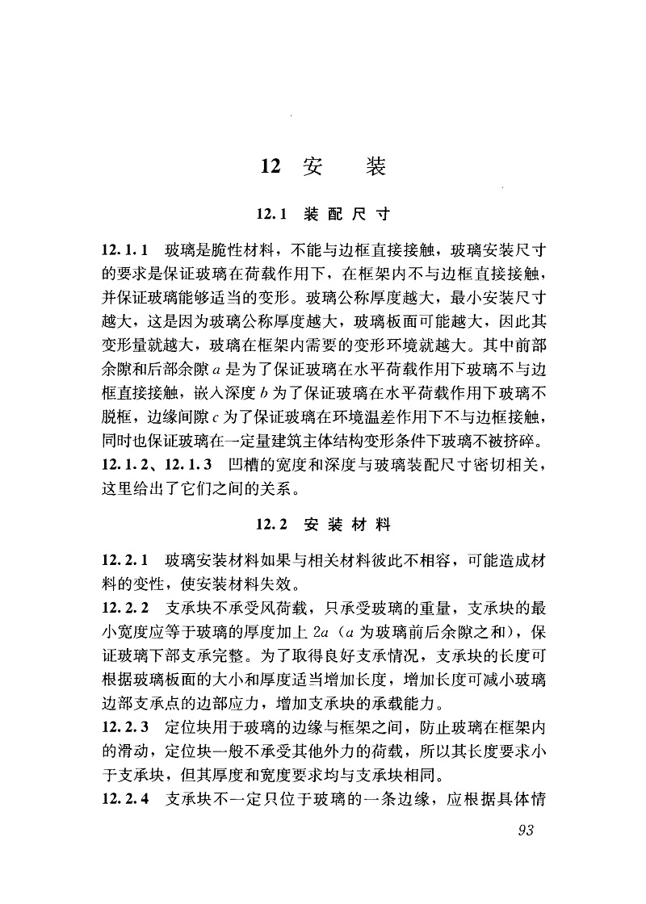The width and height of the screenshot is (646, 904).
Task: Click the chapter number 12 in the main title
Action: coord(270,167)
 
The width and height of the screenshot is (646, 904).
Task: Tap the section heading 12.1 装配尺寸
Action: coord(323,215)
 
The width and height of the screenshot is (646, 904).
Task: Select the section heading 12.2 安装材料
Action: coord(323,525)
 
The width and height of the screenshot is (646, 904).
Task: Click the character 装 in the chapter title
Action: coord(375,167)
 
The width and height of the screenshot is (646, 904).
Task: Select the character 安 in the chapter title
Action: coord(312,167)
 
